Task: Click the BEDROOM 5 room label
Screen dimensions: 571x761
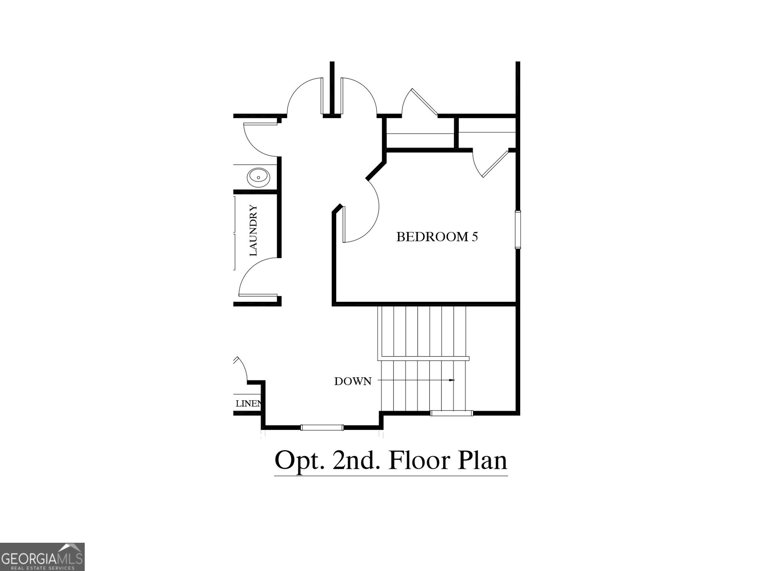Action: (x=437, y=237)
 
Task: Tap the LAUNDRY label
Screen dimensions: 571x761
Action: (x=253, y=230)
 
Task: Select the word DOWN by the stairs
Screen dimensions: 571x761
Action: (x=353, y=381)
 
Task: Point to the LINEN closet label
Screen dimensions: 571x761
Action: (x=248, y=403)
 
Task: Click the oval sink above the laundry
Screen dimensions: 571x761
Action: (x=258, y=177)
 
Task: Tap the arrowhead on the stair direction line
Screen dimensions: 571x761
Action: (x=452, y=380)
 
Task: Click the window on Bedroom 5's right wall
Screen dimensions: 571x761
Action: (x=518, y=229)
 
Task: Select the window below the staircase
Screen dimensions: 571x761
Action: (x=451, y=413)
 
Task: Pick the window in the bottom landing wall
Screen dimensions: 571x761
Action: (x=322, y=428)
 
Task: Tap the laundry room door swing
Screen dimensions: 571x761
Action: (x=256, y=277)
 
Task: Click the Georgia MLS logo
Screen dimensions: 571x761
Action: (x=42, y=557)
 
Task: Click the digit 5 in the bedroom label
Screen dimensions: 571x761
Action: (x=475, y=237)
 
